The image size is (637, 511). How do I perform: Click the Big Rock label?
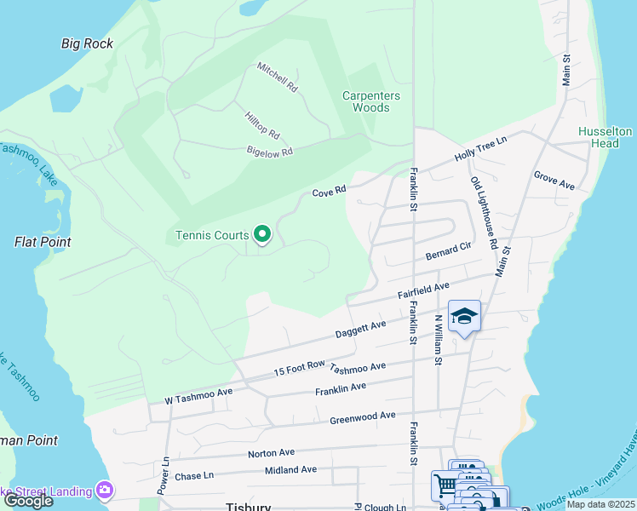pyautogui.click(x=87, y=43)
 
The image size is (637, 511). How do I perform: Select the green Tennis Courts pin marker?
pyautogui.click(x=263, y=233)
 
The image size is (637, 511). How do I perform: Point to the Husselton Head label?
pyautogui.click(x=605, y=137)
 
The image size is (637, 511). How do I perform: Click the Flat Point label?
pyautogui.click(x=43, y=242)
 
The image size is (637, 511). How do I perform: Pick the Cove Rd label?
pyautogui.click(x=329, y=192)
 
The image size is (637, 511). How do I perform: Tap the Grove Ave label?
pyautogui.click(x=554, y=181)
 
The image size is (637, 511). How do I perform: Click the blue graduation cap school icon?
pyautogui.click(x=464, y=317)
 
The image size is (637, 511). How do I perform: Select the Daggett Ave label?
pyautogui.click(x=360, y=330)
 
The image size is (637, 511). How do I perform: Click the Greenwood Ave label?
pyautogui.click(x=363, y=416)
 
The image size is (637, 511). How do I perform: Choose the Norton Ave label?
pyautogui.click(x=271, y=453)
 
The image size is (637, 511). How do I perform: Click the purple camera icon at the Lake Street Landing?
pyautogui.click(x=105, y=491)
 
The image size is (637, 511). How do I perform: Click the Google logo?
pyautogui.click(x=27, y=501)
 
